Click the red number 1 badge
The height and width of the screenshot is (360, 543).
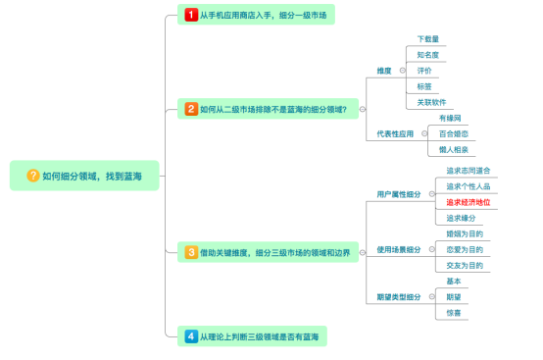pyautogui.click(x=191, y=15)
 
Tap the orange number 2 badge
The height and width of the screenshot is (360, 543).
pyautogui.click(x=191, y=110)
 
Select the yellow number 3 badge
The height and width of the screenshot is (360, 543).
pyautogui.click(x=191, y=252)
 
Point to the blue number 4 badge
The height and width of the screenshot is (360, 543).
pyautogui.click(x=191, y=336)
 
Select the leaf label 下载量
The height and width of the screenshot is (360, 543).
pyautogui.click(x=427, y=39)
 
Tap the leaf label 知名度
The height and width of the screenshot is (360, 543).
pyautogui.click(x=427, y=55)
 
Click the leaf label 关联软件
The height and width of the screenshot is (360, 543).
pyautogui.click(x=432, y=102)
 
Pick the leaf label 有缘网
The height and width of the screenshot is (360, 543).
pyautogui.click(x=452, y=118)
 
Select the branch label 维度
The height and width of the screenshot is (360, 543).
pyautogui.click(x=384, y=71)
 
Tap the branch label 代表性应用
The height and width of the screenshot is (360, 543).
pyautogui.click(x=394, y=133)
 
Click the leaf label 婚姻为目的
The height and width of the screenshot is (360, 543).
pyautogui.click(x=465, y=233)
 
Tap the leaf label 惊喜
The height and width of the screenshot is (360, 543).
pyautogui.click(x=454, y=312)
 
